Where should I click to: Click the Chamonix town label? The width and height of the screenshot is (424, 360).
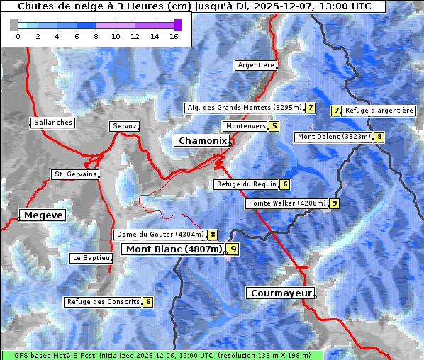(202, 141)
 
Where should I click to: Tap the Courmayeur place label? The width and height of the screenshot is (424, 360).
(280, 293)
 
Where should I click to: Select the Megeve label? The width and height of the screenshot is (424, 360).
(43, 215)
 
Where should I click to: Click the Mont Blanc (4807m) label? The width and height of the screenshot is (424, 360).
(174, 249)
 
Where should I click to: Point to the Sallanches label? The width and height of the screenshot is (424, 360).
(53, 123)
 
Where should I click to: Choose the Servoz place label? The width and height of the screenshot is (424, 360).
(124, 126)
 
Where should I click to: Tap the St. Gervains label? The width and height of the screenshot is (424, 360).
(75, 174)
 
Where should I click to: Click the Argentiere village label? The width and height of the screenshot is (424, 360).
(256, 65)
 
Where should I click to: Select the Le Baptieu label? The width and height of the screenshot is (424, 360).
(91, 258)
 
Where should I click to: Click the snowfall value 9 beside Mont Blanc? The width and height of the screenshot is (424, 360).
(233, 249)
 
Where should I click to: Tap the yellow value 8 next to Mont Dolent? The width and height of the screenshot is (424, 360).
(379, 137)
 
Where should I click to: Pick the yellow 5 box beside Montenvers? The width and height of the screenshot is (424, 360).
(274, 126)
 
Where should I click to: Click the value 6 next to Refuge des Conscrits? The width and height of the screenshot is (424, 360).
(147, 302)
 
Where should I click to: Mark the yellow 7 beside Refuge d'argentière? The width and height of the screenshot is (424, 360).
(337, 111)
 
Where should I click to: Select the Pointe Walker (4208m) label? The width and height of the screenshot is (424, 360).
(287, 203)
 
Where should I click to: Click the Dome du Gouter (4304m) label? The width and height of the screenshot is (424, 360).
(160, 235)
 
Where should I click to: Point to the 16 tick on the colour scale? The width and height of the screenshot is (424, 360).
(174, 36)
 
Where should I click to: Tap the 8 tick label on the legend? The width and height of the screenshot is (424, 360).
(96, 36)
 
